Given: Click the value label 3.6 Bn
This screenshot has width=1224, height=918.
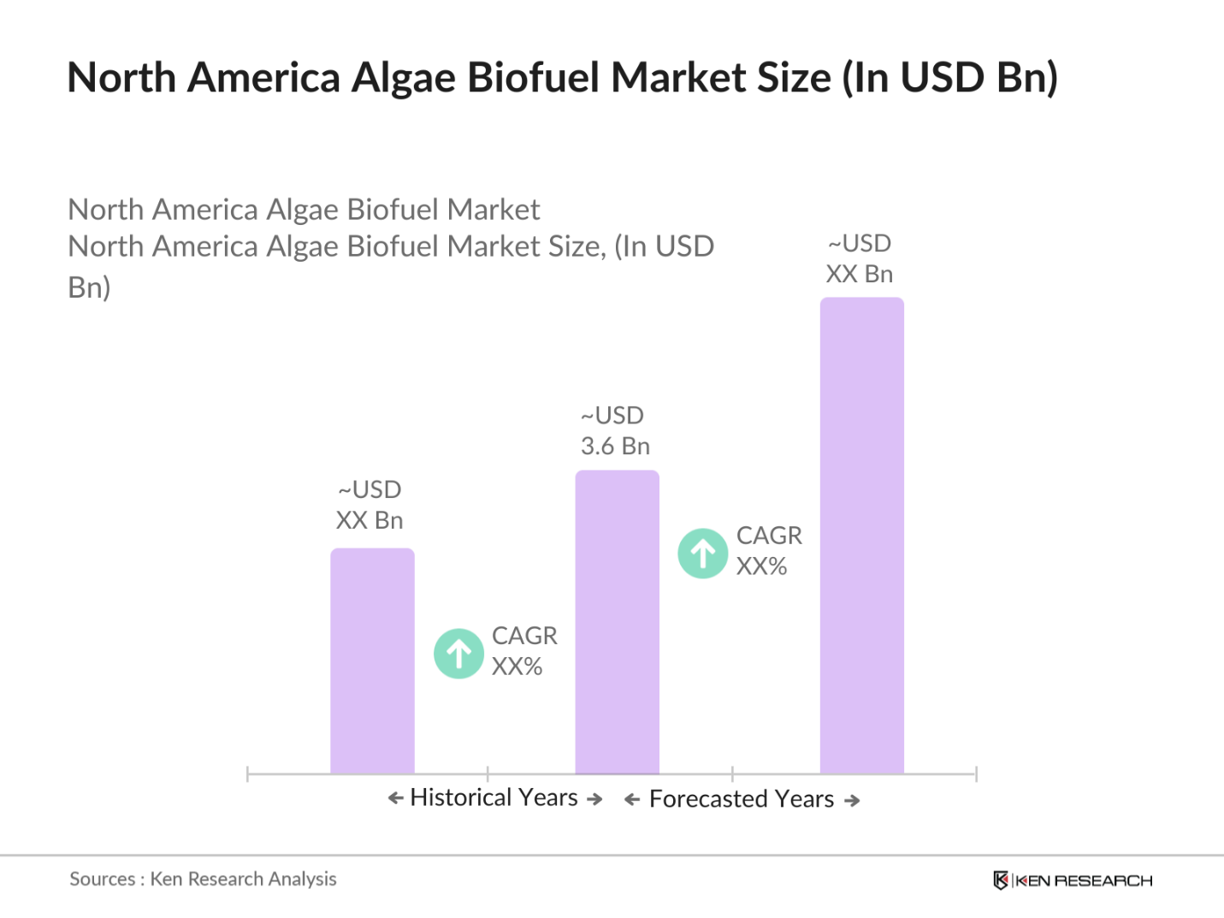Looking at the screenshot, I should click(x=615, y=446).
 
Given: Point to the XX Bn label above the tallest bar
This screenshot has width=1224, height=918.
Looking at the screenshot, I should click(x=859, y=274).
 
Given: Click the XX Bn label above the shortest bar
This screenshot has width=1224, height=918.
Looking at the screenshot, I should click(x=369, y=520).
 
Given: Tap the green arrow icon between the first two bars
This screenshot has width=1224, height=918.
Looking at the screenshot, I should click(x=458, y=654).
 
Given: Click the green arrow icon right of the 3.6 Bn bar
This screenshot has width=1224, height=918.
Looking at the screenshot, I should click(x=702, y=554).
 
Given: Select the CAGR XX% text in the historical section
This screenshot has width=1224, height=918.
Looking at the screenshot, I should click(x=523, y=651).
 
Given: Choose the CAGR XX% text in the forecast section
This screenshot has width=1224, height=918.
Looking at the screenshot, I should click(x=768, y=551).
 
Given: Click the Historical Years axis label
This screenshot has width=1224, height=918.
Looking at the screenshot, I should click(x=494, y=797).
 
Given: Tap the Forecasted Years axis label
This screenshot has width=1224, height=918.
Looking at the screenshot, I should click(x=741, y=799).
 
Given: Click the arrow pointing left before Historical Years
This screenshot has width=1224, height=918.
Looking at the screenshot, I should click(x=395, y=798).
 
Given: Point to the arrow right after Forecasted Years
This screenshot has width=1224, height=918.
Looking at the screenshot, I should click(x=852, y=801).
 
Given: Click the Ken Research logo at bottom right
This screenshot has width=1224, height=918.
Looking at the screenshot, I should click(x=1073, y=880).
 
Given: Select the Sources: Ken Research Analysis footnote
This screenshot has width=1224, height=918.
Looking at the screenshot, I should click(x=203, y=879).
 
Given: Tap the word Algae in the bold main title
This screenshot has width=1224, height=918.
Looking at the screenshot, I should click(x=404, y=77).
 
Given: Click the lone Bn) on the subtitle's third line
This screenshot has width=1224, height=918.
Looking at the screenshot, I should click(x=89, y=287).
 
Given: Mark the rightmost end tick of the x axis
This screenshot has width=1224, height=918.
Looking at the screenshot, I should click(x=976, y=774).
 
